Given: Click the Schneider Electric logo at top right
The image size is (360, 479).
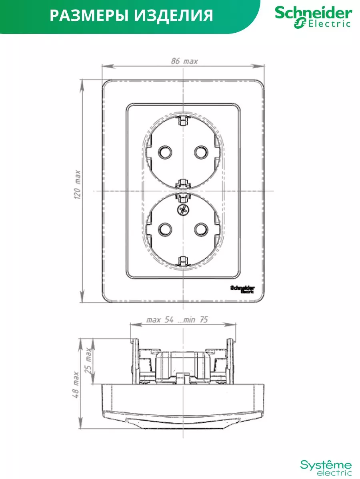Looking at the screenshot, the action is (314, 17).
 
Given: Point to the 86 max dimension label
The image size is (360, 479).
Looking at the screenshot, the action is (184, 61).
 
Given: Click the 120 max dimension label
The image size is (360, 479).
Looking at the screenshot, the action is (77, 184).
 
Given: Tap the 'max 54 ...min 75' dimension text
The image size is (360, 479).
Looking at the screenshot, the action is (177, 320).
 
